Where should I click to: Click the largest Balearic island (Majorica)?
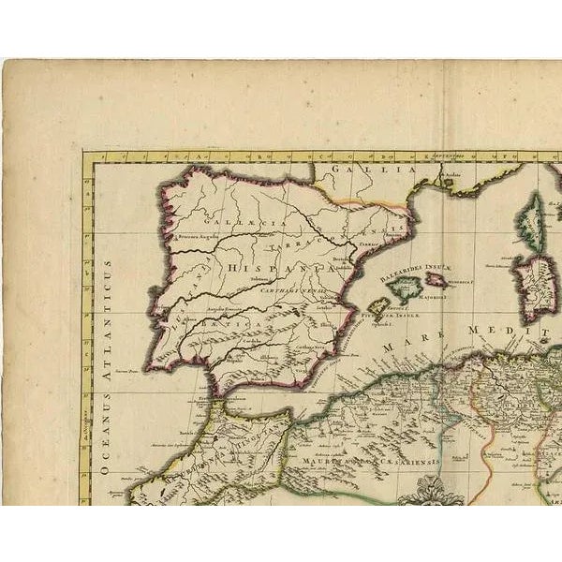click(407, 288)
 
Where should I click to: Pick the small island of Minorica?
click(437, 279)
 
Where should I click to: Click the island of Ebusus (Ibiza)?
click(378, 306)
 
